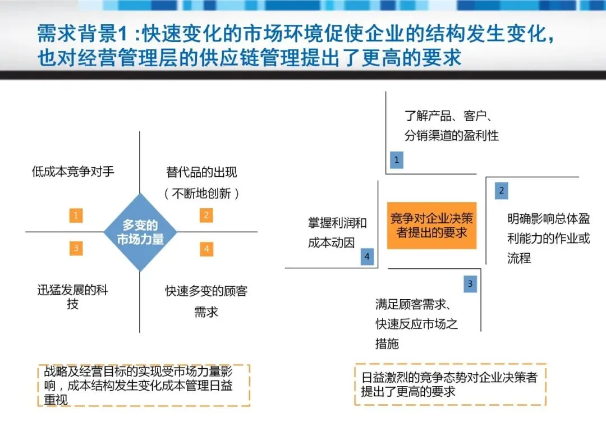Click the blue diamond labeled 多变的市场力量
tap(140, 232)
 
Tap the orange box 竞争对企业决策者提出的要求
tap(431, 226)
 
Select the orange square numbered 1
tap(76, 215)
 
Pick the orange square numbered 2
tap(206, 215)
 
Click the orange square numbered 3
tap(76, 248)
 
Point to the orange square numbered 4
tap(206, 248)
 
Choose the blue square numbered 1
tap(396, 160)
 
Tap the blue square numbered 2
tap(501, 191)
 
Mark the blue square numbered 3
tap(470, 284)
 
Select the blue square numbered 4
tap(367, 257)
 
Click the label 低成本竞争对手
tap(73, 172)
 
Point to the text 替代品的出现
tap(201, 172)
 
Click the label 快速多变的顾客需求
tap(206, 301)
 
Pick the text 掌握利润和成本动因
tap(337, 233)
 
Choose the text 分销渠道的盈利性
tap(452, 136)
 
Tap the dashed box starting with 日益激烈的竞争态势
tap(449, 384)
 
